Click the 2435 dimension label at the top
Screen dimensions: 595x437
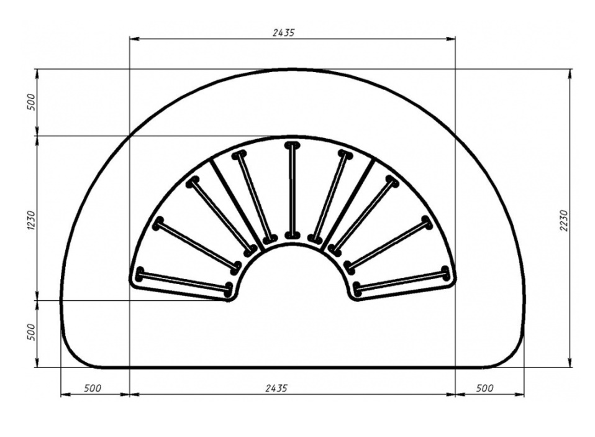point(283,33)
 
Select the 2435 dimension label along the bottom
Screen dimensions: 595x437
point(276,388)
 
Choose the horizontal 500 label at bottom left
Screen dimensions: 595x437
point(93,388)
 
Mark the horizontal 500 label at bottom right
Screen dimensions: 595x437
point(484,388)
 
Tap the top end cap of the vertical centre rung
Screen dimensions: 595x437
point(291,145)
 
